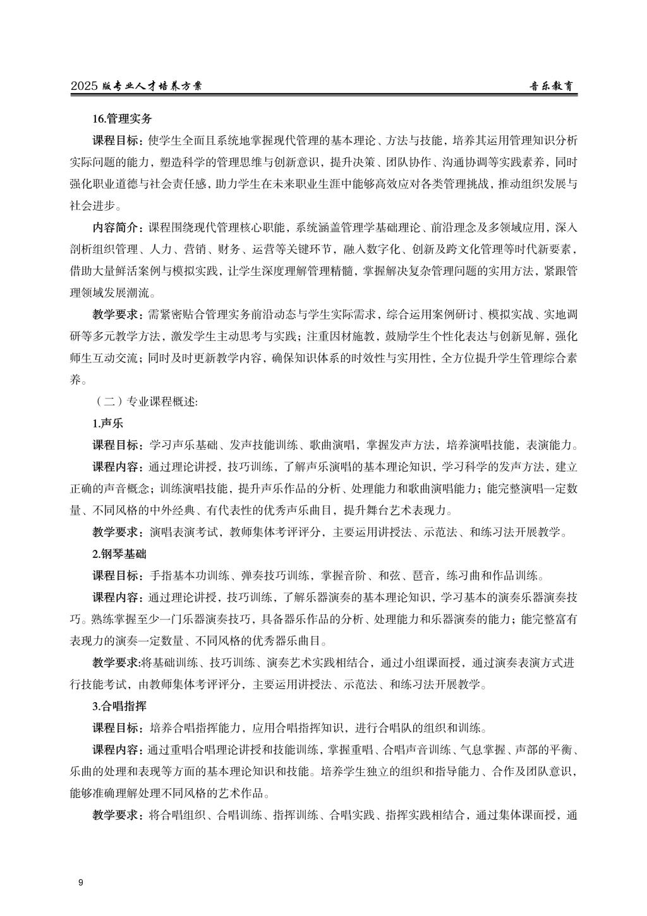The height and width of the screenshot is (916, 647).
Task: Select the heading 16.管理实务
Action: click(x=121, y=118)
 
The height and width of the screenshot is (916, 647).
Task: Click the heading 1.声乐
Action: click(x=107, y=423)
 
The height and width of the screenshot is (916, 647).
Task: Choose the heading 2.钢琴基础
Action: click(x=119, y=554)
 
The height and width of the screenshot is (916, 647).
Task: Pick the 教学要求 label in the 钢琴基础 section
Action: click(x=118, y=663)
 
